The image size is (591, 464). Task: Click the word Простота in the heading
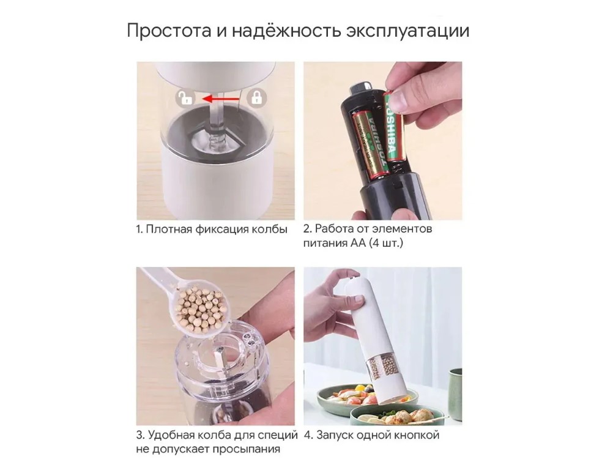[169, 31]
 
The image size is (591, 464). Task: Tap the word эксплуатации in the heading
[408, 31]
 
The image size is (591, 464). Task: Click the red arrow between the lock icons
[220, 99]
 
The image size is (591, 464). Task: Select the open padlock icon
[185, 98]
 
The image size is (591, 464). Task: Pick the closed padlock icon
[257, 98]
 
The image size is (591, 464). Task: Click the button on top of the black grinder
[362, 86]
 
